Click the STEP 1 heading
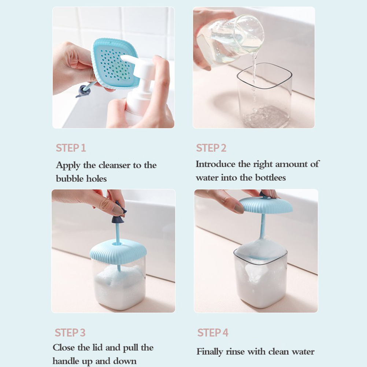(71, 148)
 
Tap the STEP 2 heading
(211, 148)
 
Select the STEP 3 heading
(70, 333)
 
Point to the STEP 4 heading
(213, 333)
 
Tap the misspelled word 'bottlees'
(270, 177)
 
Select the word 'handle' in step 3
(66, 361)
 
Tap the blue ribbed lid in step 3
(118, 252)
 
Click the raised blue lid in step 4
(266, 205)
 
